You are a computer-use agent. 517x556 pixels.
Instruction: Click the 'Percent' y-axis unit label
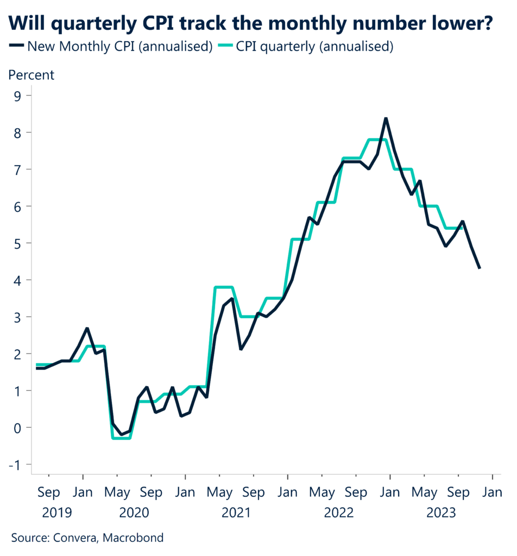(31, 75)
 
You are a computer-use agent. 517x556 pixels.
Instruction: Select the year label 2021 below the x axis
(236, 512)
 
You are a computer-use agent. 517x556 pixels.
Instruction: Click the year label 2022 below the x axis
(338, 512)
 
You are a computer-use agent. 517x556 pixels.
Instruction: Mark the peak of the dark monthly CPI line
(386, 118)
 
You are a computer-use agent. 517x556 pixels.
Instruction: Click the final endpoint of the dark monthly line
(479, 268)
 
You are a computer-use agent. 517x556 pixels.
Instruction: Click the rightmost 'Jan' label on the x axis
(492, 493)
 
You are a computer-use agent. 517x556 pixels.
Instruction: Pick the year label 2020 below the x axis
(134, 512)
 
